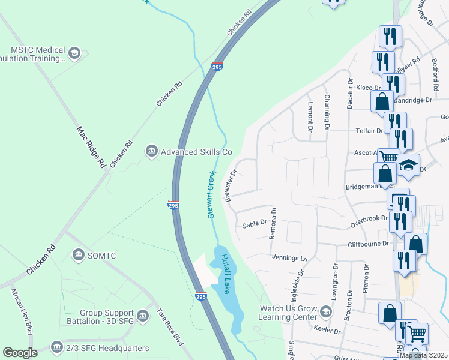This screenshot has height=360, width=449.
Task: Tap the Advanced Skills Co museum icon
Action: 151,152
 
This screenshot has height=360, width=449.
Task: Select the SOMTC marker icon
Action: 78,256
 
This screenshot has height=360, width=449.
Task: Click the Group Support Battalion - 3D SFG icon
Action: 142,315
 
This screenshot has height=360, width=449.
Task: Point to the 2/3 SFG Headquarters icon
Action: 56,347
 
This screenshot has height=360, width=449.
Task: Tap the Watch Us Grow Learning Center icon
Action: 325,312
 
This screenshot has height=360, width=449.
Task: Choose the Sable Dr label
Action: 254,224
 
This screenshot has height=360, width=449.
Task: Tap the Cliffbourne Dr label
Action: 369,244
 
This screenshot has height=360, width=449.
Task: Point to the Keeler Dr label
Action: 327,331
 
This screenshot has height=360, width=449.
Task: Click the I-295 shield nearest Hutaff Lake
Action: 201,296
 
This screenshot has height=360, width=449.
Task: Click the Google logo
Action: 20,353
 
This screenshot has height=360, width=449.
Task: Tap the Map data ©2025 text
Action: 423,355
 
